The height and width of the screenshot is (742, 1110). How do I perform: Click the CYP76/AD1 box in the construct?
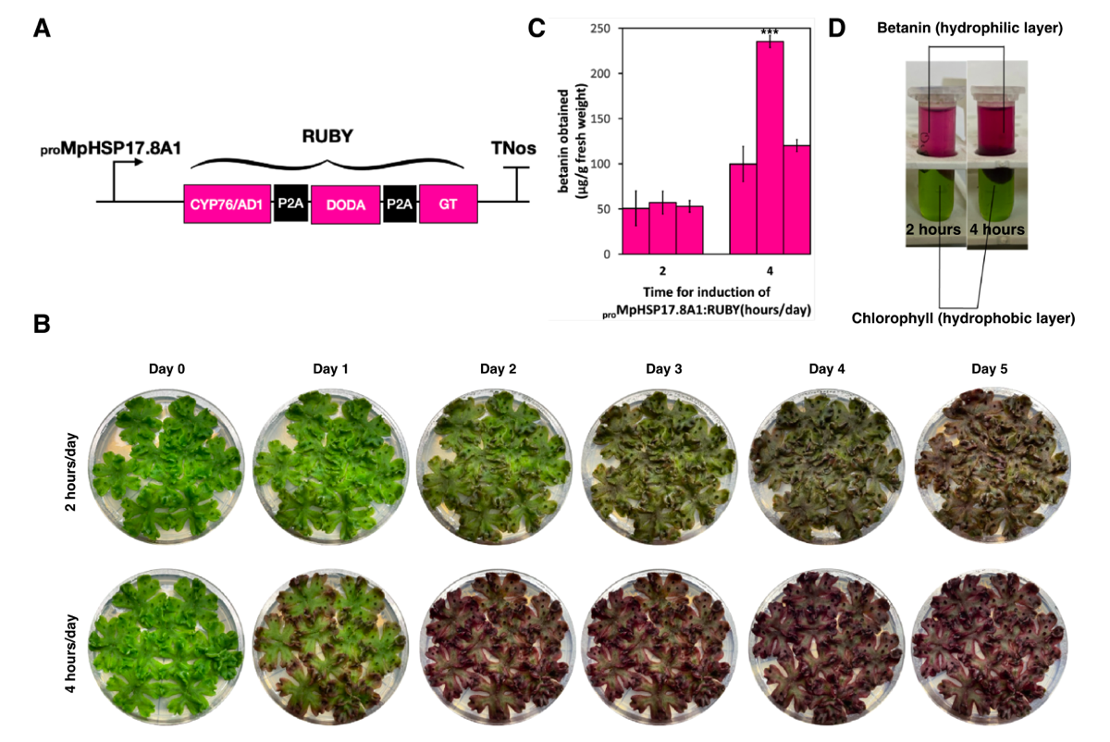click(227, 204)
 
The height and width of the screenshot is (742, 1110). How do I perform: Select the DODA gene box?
click(345, 204)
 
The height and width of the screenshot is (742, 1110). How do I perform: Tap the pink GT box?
click(449, 204)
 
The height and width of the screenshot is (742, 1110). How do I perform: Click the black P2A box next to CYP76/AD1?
click(290, 203)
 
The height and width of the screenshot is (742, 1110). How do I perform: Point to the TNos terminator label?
click(513, 148)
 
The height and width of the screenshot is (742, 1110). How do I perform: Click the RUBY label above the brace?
click(327, 136)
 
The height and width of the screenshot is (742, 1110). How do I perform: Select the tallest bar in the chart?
click(770, 148)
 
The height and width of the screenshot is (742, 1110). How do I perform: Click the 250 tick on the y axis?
click(600, 29)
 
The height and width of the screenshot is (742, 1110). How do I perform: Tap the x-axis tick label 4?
click(770, 271)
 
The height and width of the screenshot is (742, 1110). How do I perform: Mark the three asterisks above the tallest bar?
click(770, 32)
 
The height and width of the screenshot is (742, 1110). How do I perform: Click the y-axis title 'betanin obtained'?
click(563, 142)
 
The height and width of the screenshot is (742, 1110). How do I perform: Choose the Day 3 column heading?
click(663, 369)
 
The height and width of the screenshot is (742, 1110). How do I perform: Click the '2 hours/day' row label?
click(71, 472)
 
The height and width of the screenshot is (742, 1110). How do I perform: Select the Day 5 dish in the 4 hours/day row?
click(990, 647)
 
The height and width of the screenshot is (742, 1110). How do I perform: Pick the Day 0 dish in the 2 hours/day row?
click(166, 466)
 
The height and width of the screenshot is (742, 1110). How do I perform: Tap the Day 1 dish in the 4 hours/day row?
click(330, 648)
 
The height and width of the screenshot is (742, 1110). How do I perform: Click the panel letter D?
click(836, 29)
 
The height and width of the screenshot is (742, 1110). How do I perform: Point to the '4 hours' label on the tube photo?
click(997, 229)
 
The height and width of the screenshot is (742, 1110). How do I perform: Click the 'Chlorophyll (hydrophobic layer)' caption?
click(963, 318)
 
